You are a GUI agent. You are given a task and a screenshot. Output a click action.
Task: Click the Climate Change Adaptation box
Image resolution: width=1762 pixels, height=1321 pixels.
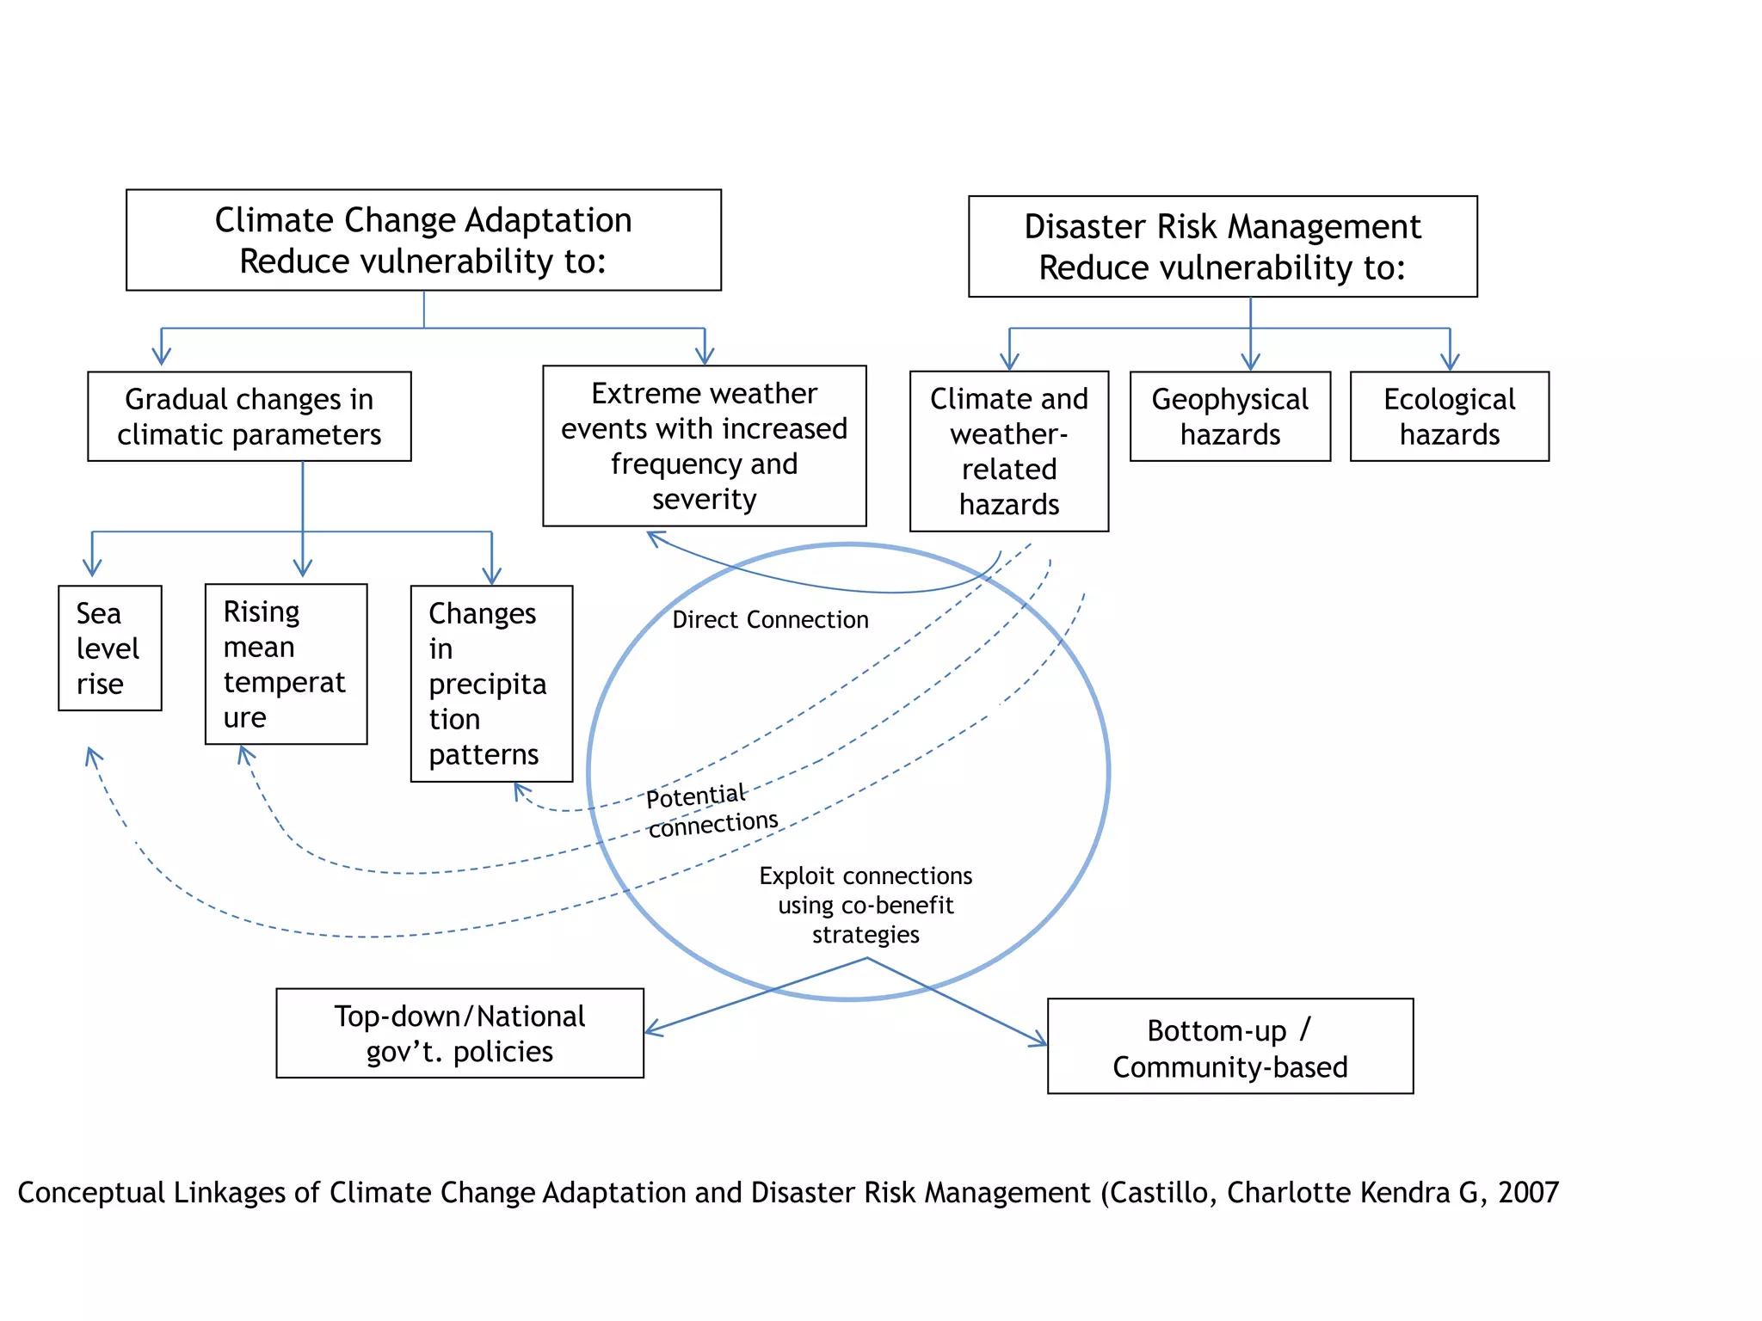423,240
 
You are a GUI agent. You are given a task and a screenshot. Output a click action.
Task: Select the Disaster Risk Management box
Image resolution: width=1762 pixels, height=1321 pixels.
1222,247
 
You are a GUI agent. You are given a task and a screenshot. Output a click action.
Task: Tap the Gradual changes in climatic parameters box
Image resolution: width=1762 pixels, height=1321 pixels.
250,417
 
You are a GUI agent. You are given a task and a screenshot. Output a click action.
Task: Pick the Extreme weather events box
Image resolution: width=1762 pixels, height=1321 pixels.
704,445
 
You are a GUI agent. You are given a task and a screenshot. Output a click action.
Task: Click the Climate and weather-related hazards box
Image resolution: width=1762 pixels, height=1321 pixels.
1008,452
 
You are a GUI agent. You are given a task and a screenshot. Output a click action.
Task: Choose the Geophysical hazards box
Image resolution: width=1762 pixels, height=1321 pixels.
1229,417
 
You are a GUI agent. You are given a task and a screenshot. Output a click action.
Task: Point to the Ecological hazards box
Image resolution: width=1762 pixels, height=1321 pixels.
1449,417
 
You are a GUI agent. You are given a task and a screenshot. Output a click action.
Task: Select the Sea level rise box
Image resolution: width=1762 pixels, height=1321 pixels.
109,648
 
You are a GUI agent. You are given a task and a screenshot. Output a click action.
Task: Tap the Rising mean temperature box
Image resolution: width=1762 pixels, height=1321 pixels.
286,664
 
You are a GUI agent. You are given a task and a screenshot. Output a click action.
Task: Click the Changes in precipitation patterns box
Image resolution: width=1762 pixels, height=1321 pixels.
491,684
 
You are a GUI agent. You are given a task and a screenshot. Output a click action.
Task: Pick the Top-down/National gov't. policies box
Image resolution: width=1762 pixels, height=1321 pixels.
459,1033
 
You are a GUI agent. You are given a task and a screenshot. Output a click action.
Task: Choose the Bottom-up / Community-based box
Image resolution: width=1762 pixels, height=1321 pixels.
1229,1047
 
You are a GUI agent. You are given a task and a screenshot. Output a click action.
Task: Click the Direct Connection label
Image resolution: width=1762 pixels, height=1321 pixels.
770,620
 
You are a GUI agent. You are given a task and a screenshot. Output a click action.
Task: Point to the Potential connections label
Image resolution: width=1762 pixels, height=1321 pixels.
712,810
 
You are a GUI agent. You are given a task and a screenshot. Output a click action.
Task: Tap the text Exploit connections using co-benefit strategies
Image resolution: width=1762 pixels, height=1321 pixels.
866,905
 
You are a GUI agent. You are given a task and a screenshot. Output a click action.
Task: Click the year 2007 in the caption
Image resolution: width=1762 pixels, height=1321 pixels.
1528,1193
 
